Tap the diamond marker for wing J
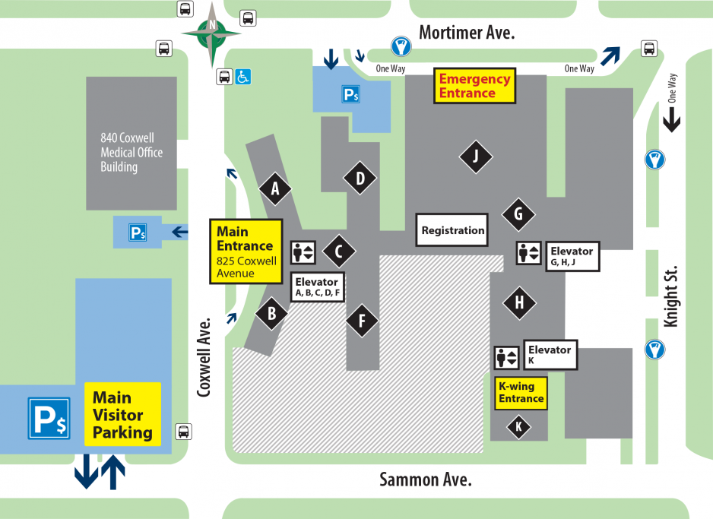[476, 157]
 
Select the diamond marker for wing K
[518, 427]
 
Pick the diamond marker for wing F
[363, 320]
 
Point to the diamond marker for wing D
[360, 179]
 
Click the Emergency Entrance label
[475, 86]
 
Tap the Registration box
[452, 230]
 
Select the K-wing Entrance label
[521, 393]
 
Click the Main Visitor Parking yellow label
[122, 414]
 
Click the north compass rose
[211, 32]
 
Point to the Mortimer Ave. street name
[467, 33]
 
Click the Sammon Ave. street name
[425, 479]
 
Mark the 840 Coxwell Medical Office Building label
[132, 153]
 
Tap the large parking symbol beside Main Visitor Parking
[49, 418]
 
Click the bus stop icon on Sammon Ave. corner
[183, 431]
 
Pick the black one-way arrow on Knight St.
[672, 119]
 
